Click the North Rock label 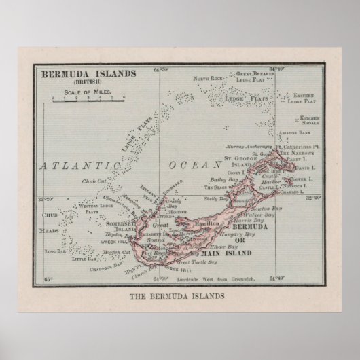tap(206, 79)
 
